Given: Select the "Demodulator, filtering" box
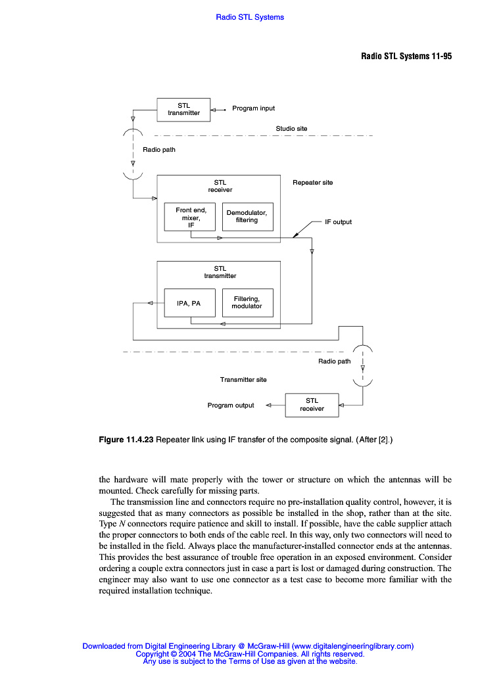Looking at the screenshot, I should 247,216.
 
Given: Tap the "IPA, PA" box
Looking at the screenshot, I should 189,304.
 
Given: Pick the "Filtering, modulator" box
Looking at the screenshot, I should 247,302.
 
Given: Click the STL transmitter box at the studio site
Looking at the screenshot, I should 183,109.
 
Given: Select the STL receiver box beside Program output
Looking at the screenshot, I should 312,404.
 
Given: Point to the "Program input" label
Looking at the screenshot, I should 253,108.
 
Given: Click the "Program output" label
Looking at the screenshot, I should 231,406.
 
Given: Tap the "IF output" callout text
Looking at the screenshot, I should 338,222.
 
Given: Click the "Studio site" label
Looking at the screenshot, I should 291,129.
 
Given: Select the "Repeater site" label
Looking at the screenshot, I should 312,183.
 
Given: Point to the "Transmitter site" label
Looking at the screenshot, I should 243,380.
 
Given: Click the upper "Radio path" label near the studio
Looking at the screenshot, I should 159,150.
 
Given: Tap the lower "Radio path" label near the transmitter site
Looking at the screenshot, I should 335,361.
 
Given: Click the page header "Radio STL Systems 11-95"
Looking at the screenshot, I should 406,56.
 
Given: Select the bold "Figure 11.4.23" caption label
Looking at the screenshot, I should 126,440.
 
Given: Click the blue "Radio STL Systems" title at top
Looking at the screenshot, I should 250,17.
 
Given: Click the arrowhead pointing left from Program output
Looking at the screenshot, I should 268,406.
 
